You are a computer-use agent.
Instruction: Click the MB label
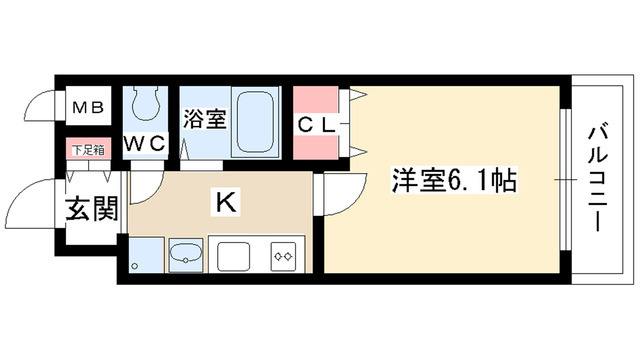82,106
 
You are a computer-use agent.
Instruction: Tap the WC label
144,142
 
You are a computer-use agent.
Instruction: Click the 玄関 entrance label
91,212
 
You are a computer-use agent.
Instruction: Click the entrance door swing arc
30,205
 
